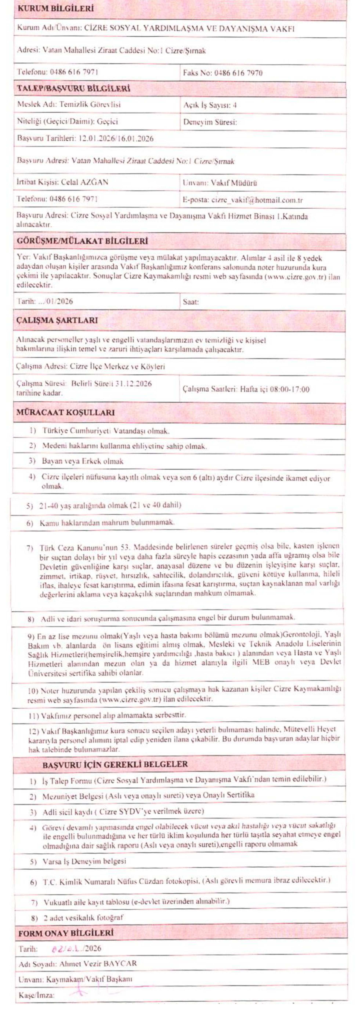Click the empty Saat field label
coord(191,302)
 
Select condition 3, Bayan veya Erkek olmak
coord(83,461)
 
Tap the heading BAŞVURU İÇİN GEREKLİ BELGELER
coord(115,765)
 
